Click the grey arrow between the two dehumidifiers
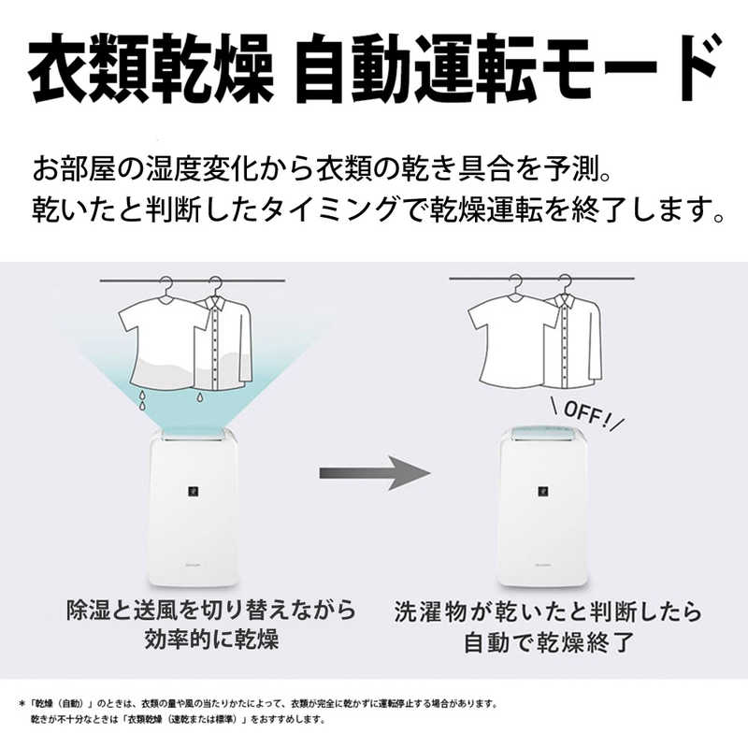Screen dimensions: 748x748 pos(375,473)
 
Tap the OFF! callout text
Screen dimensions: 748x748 pos(587,413)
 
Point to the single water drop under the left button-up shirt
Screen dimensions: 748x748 pos(200,396)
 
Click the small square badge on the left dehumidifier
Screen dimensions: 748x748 pos(194,491)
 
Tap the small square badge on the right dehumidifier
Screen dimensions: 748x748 pos(543,491)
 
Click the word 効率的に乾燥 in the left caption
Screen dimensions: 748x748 pos(211,640)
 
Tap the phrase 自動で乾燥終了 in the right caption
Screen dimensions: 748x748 pos(549,642)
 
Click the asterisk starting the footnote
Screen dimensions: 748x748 pos(22,704)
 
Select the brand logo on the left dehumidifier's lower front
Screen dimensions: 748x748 pos(193,566)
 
